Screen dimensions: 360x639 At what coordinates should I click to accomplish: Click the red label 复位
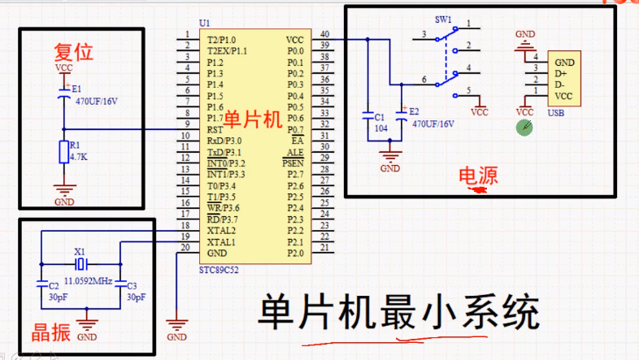click(74, 52)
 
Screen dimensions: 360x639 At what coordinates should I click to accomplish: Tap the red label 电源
click(478, 176)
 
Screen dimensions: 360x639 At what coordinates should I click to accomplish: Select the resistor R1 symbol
click(63, 151)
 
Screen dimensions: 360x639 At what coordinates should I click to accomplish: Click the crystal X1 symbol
click(80, 265)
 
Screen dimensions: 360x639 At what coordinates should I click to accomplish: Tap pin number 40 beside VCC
click(324, 35)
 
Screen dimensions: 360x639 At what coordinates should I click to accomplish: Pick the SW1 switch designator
click(443, 19)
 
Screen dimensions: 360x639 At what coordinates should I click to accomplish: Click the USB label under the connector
click(556, 113)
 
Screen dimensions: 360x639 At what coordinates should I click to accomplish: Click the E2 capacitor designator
click(414, 111)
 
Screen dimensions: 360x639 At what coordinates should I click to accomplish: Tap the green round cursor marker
click(526, 128)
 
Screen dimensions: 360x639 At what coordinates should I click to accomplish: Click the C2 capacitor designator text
click(53, 286)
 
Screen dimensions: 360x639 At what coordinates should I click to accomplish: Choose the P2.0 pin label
click(294, 253)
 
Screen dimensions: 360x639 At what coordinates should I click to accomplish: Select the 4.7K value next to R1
click(79, 156)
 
